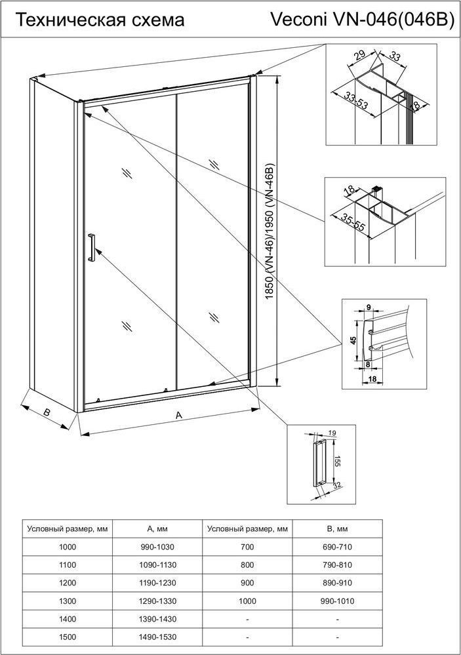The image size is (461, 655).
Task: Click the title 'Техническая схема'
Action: pyautogui.click(x=99, y=20)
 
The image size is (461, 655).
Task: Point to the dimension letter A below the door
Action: pyautogui.click(x=178, y=415)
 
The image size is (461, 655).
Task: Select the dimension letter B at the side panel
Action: pyautogui.click(x=47, y=412)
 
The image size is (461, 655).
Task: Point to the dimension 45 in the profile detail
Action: pyautogui.click(x=353, y=340)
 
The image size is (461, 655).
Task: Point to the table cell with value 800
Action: pyautogui.click(x=247, y=565)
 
